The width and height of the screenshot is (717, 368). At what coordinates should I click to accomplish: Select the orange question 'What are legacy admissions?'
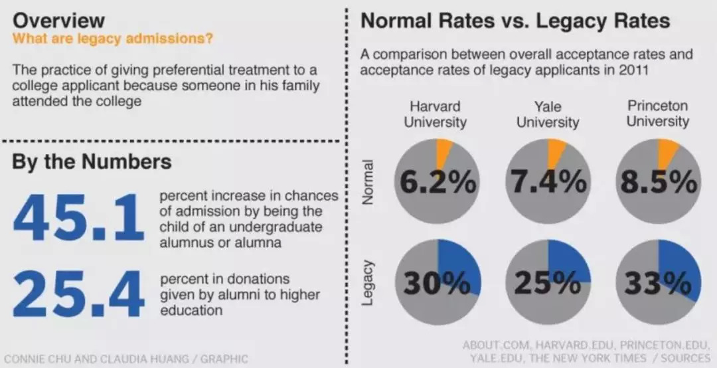[113, 39]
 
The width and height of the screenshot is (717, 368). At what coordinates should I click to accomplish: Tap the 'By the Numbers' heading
[92, 162]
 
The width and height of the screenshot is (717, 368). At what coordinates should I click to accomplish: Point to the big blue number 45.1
[78, 217]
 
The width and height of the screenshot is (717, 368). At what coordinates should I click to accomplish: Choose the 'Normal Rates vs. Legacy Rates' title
[515, 21]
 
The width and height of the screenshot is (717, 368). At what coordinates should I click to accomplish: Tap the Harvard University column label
[436, 114]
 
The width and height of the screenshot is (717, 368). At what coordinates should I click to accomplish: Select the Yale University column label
[547, 114]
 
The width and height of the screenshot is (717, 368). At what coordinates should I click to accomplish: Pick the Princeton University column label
[657, 114]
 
